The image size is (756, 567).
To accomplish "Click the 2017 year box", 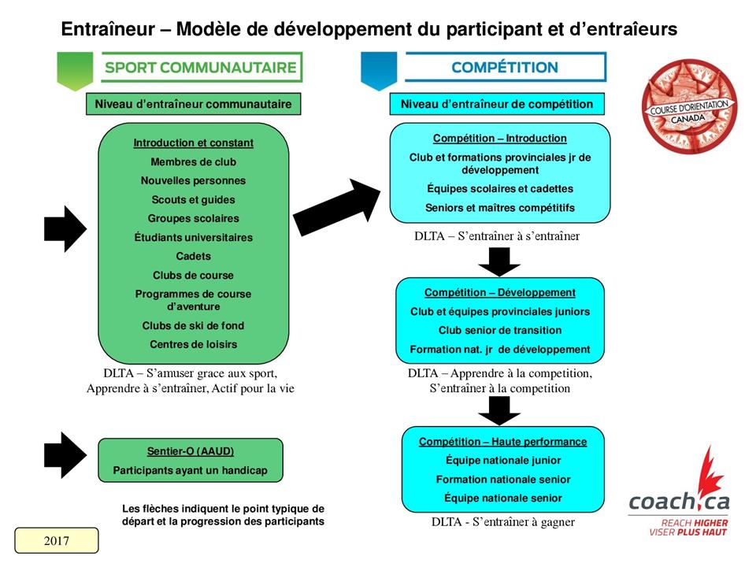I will point(57,541).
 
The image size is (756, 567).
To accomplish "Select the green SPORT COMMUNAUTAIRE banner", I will point(200,68).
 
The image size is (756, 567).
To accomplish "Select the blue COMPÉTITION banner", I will point(504,68).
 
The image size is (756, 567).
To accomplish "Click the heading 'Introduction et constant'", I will point(193,143).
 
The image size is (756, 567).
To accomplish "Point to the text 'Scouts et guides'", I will point(193,200).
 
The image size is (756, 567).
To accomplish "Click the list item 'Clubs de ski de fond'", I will point(193,325).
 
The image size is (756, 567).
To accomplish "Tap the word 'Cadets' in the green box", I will point(193,256).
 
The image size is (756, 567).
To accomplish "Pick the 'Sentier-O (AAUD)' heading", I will point(191,451).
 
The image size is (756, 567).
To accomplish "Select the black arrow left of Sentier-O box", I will point(65,454).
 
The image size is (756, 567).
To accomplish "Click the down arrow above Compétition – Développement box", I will point(499,261).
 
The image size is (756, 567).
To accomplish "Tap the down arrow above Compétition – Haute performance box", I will point(499,410).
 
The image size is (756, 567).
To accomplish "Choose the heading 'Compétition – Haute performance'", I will point(502,442).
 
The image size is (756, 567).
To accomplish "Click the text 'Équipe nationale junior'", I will point(503,461).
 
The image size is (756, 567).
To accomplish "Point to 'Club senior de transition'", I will point(500,330).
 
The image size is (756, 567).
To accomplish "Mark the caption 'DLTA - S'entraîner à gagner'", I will point(502,522).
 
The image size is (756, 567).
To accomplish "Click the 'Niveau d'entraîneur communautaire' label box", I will point(193,104).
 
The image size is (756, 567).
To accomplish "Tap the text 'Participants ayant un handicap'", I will point(191,470).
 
